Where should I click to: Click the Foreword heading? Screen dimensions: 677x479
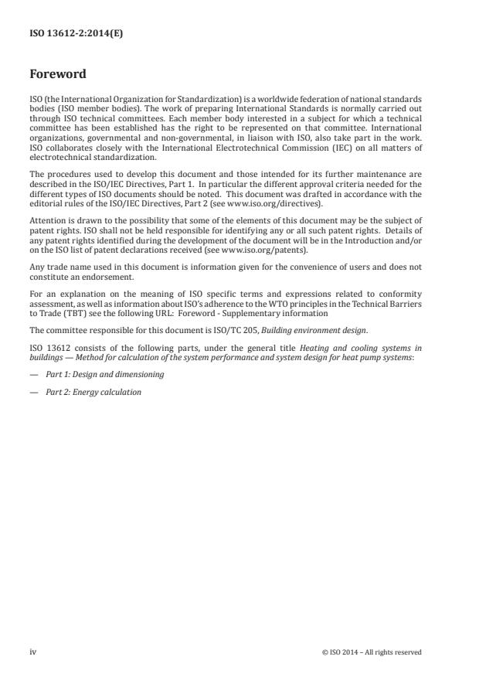[x=58, y=75]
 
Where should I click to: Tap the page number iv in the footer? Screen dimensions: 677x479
[x=33, y=651]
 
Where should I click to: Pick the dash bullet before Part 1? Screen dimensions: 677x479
[x=33, y=374]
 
